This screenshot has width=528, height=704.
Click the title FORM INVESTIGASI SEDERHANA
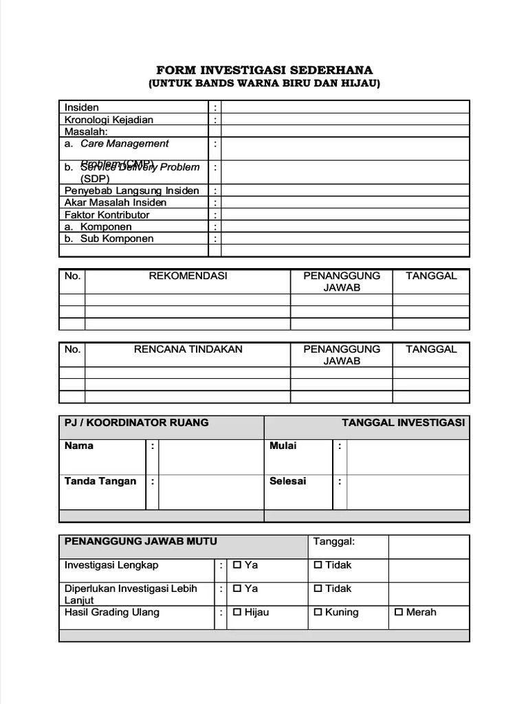[264, 70]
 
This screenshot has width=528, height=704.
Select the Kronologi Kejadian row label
[109, 120]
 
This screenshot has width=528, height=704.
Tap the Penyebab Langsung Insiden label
[132, 190]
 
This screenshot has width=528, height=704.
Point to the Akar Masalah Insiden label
[115, 202]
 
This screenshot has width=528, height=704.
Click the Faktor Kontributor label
[107, 214]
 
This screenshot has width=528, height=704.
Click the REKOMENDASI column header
[188, 276]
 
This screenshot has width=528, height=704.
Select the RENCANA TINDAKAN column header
[188, 349]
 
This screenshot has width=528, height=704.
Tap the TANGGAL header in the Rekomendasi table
[431, 276]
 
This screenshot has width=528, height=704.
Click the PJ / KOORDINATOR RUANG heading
[136, 422]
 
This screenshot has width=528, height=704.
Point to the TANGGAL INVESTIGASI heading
[403, 422]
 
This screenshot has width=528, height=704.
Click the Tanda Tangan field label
[100, 481]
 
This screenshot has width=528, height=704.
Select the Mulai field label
[283, 445]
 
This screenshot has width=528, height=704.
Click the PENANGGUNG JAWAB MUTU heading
[140, 541]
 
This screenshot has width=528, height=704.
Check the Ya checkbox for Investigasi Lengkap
[237, 565]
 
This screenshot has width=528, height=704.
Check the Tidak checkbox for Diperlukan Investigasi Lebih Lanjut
[318, 588]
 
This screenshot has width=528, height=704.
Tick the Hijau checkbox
[237, 613]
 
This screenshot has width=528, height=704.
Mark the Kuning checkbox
[318, 613]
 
